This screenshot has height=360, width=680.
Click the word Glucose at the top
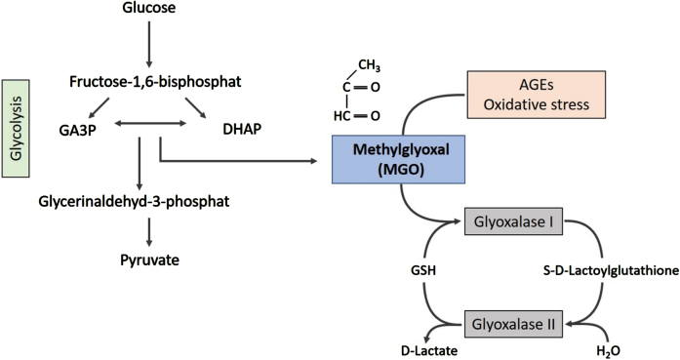[x=149, y=8]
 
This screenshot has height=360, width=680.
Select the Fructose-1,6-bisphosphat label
[x=155, y=82]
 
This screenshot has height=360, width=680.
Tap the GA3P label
[x=78, y=130]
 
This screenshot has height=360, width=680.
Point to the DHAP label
[x=242, y=129]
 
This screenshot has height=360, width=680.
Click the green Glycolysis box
[x=16, y=129]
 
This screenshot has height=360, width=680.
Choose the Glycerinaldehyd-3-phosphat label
[x=134, y=202]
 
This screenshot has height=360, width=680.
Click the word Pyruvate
[x=149, y=260]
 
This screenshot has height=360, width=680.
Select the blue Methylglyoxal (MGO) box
[x=399, y=159]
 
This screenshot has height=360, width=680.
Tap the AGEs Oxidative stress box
[x=536, y=95]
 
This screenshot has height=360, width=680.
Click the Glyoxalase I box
[x=513, y=221]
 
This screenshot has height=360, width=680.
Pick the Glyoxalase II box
[x=513, y=324]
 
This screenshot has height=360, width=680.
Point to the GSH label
[x=423, y=270]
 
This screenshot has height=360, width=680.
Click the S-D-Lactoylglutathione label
[x=611, y=270]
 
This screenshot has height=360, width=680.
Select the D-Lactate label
[x=429, y=350]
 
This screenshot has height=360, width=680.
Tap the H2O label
[x=608, y=351]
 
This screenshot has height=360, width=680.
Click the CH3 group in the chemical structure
[x=369, y=66]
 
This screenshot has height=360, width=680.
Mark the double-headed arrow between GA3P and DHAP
[x=150, y=124]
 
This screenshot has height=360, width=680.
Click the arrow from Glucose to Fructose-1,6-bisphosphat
[x=149, y=44]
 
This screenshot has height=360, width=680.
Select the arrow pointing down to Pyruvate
[x=149, y=232]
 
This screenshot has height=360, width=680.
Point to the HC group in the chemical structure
[x=341, y=116]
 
